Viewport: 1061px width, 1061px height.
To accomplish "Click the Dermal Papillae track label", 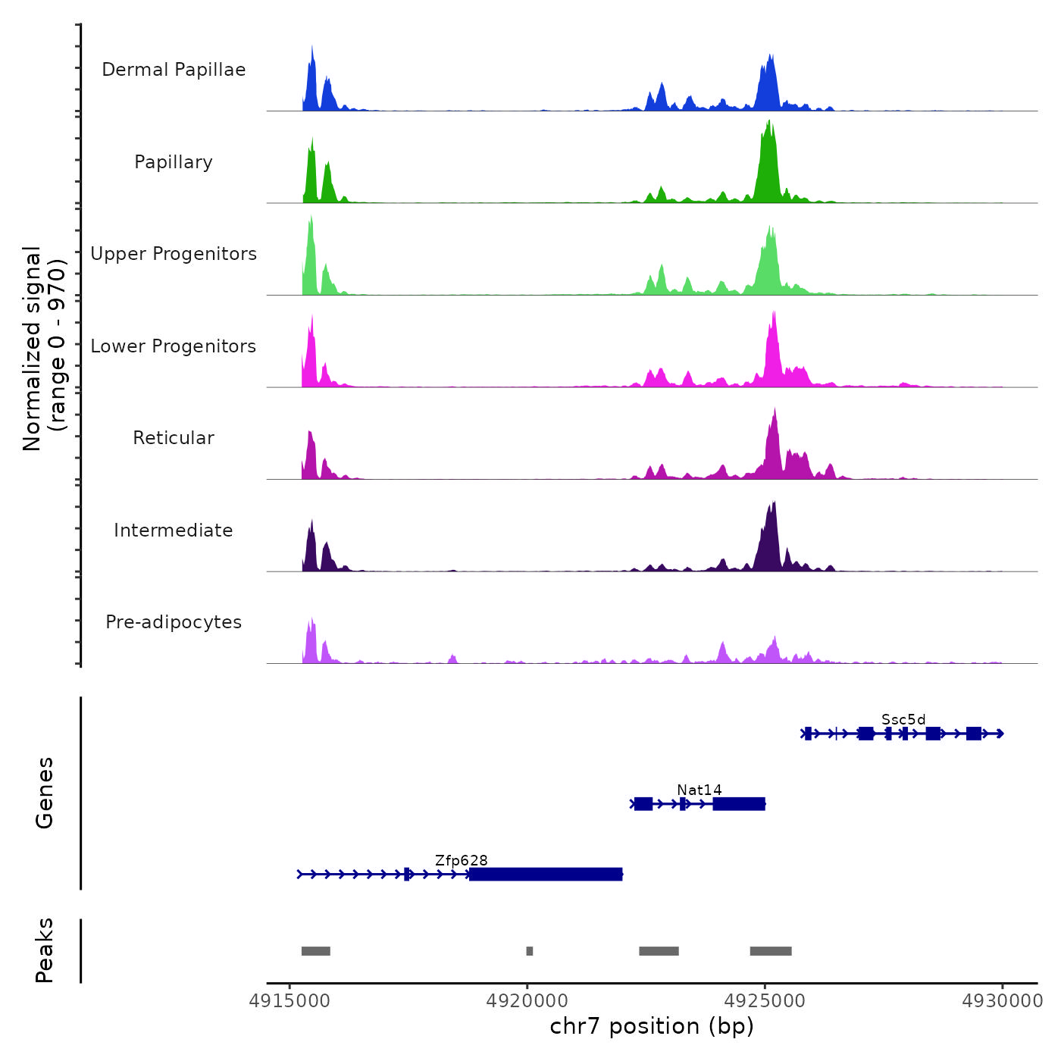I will pyautogui.click(x=174, y=70).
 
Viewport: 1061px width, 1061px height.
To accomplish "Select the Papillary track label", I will pyautogui.click(x=174, y=162).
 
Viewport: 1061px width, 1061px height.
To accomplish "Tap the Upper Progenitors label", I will pyautogui.click(x=174, y=254).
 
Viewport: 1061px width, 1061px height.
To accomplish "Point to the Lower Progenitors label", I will pyautogui.click(x=174, y=346).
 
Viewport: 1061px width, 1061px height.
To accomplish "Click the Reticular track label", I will pyautogui.click(x=174, y=438).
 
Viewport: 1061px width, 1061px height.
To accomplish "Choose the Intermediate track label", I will pyautogui.click(x=174, y=530).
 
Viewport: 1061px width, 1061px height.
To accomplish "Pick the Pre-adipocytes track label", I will pyautogui.click(x=174, y=622).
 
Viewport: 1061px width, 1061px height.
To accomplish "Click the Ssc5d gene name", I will pyautogui.click(x=903, y=720).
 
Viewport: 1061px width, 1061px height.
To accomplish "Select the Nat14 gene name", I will pyautogui.click(x=700, y=790).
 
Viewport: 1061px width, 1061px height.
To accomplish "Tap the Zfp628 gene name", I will pyautogui.click(x=462, y=861).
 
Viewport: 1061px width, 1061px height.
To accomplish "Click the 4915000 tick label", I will pyautogui.click(x=290, y=1001).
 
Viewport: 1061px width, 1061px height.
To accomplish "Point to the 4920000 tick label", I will pyautogui.click(x=527, y=1001).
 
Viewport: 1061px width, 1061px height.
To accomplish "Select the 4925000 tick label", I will pyautogui.click(x=765, y=1001).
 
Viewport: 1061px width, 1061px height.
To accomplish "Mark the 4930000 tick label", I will pyautogui.click(x=1003, y=1001).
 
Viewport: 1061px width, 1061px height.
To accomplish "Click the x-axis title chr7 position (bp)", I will pyautogui.click(x=652, y=1026).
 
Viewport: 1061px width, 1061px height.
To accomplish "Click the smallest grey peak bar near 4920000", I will pyautogui.click(x=530, y=951).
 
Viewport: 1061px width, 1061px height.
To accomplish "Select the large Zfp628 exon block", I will pyautogui.click(x=546, y=875).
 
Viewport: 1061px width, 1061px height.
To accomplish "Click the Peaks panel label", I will pyautogui.click(x=45, y=950).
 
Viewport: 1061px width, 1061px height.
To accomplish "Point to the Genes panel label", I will pyautogui.click(x=45, y=793).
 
